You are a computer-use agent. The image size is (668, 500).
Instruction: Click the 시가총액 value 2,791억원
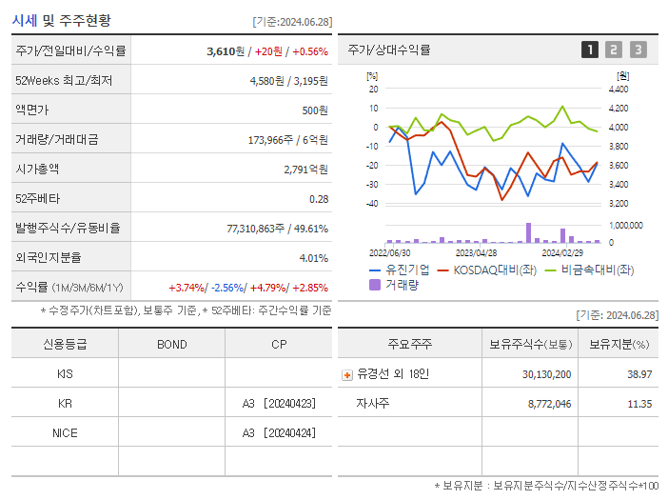(305, 169)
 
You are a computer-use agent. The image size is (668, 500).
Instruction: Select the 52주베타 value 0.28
(318, 198)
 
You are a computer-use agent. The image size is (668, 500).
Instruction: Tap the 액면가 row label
(32, 110)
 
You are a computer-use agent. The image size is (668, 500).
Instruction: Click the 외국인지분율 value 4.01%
(313, 257)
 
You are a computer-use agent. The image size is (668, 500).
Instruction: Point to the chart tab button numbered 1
(590, 50)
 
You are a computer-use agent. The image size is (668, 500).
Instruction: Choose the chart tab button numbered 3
(638, 50)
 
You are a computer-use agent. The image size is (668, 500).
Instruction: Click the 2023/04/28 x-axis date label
(476, 253)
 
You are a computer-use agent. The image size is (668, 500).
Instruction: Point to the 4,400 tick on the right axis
(618, 89)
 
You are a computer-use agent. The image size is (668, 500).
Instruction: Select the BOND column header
(171, 344)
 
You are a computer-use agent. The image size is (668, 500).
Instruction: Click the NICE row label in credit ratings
(65, 432)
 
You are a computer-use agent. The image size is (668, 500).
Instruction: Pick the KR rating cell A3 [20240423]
(278, 403)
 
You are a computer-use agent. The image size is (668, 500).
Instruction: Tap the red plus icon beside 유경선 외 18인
(347, 374)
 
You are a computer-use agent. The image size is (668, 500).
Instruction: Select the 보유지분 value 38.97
(639, 374)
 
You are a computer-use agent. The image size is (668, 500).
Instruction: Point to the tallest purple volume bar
(528, 232)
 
